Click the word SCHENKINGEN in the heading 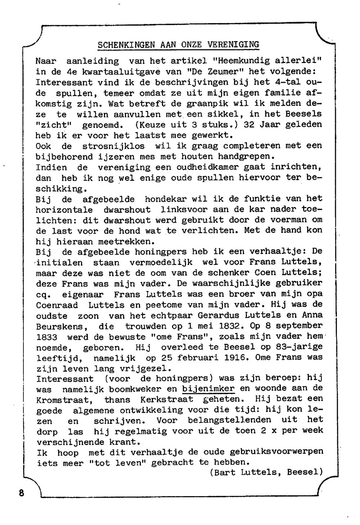pos(126,45)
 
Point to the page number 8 pos(22,493)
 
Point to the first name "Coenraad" pos(57,305)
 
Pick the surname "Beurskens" pos(60,327)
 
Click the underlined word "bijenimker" pos(208,389)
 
